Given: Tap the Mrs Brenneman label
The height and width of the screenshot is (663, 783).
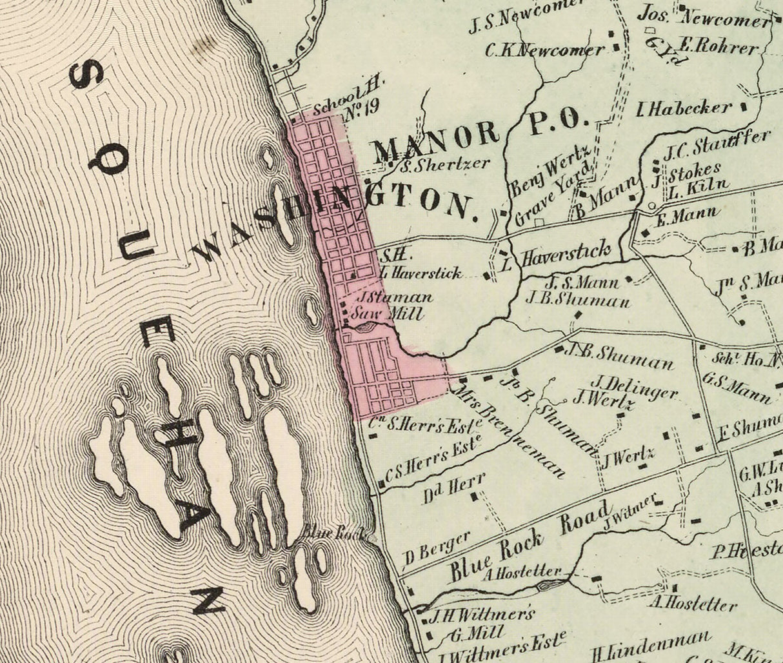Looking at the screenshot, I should [510, 431].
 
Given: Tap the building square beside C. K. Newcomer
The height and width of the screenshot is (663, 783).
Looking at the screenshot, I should [617, 46].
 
